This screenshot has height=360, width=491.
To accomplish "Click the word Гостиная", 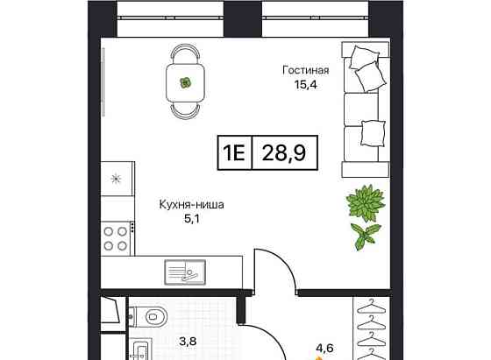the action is pyautogui.click(x=306, y=70).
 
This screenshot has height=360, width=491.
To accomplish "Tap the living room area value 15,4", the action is pyautogui.click(x=306, y=84).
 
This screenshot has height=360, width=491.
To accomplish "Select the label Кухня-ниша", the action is pyautogui.click(x=192, y=205).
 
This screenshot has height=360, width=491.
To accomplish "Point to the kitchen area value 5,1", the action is pyautogui.click(x=192, y=219).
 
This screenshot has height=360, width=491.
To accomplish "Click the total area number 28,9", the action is pyautogui.click(x=284, y=153).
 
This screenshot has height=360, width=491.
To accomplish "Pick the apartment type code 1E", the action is pyautogui.click(x=233, y=153).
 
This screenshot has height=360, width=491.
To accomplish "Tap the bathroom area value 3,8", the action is pyautogui.click(x=188, y=341).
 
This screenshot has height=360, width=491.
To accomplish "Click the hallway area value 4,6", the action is pyautogui.click(x=324, y=348).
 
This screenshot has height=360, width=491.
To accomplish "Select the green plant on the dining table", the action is pyautogui.click(x=185, y=82).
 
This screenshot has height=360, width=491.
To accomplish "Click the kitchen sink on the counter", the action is pyautogui.click(x=185, y=272).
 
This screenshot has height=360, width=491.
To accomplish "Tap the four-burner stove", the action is pyautogui.click(x=116, y=238).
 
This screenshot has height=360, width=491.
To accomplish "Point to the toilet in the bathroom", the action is pyautogui.click(x=148, y=316).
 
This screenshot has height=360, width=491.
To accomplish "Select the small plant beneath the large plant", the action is pyautogui.click(x=365, y=236).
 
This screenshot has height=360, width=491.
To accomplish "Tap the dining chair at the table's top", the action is pyautogui.click(x=185, y=53).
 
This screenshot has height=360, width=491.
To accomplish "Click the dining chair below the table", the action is pyautogui.click(x=185, y=111).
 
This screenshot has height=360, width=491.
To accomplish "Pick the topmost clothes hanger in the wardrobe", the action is pyautogui.click(x=371, y=307).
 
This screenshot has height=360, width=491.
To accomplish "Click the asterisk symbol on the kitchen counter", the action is pyautogui.click(x=116, y=179).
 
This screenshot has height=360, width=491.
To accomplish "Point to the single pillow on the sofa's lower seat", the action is pyautogui.click(x=373, y=133).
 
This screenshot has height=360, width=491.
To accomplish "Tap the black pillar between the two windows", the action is pyautogui.click(x=243, y=18).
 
